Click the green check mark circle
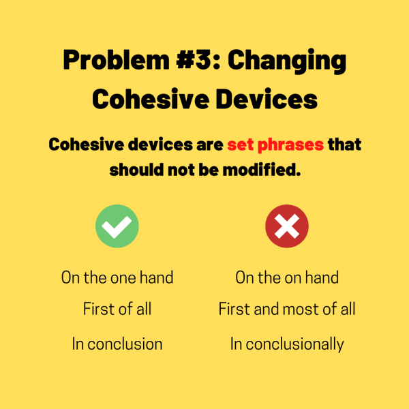(x=117, y=226)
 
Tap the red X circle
(x=287, y=226)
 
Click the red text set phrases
(x=275, y=145)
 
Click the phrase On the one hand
(x=117, y=277)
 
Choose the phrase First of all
(x=117, y=309)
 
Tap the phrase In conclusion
(x=117, y=344)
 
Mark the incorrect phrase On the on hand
(x=287, y=277)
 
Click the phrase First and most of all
(x=287, y=309)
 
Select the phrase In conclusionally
(x=287, y=344)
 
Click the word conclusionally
(x=294, y=344)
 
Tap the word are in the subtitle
(x=208, y=145)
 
